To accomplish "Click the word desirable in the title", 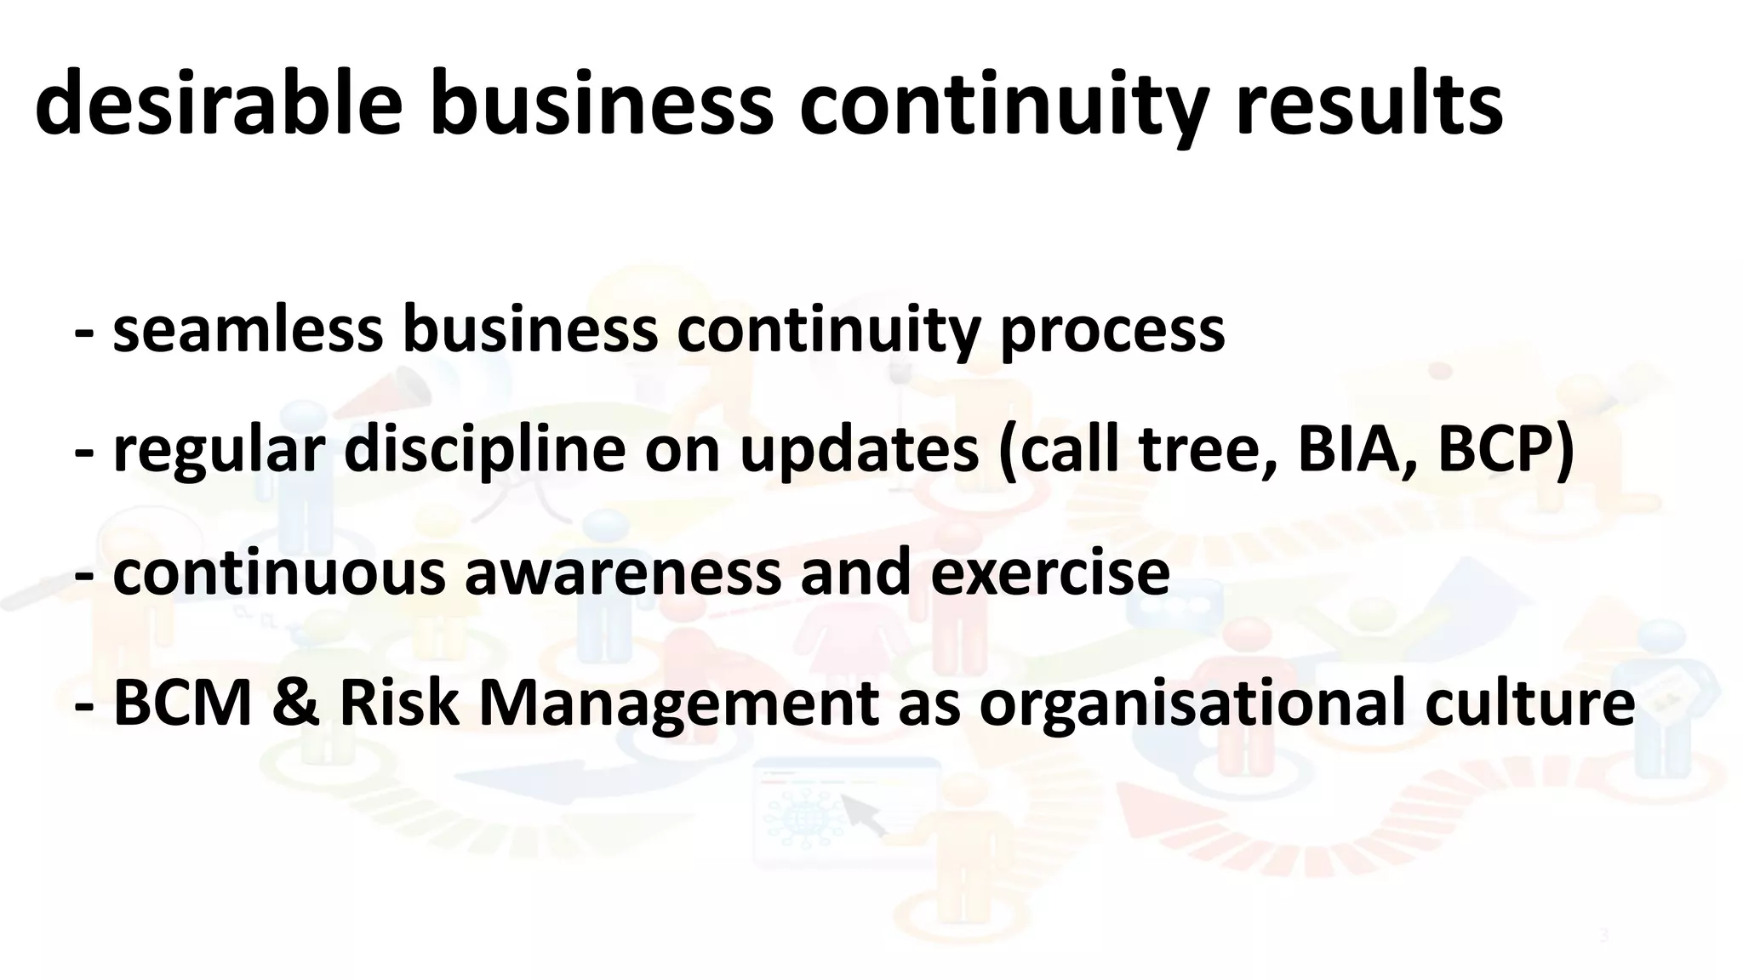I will click(x=218, y=105).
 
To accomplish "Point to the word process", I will click(x=1112, y=332).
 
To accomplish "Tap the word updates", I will click(x=859, y=452).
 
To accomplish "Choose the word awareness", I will click(x=622, y=573).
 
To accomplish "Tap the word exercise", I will click(x=1049, y=573).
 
